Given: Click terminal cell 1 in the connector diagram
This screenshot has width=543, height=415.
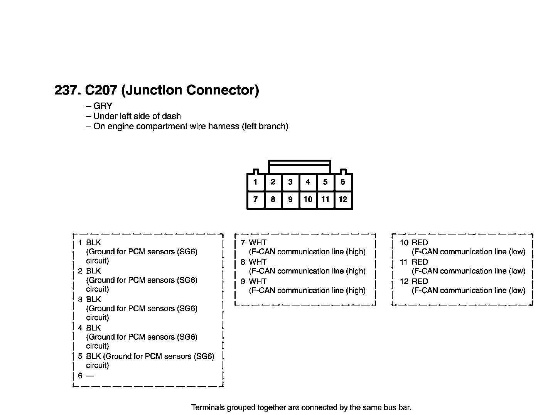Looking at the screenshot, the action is point(256,182).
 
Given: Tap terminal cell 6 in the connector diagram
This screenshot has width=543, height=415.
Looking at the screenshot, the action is point(343,182).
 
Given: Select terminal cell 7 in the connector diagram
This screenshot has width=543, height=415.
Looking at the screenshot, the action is point(256,199).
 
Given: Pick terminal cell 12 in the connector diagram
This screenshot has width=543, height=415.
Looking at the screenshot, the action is point(343,199).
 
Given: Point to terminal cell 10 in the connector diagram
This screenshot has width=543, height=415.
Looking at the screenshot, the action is point(308,199).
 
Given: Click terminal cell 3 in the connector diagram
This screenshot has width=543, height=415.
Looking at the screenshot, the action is point(290,182).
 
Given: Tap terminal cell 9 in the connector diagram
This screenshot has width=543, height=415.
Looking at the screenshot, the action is point(290,199).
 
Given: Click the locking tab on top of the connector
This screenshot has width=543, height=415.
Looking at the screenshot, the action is point(300,167).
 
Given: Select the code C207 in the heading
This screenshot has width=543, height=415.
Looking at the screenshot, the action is point(101,90).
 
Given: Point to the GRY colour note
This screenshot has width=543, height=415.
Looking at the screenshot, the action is point(103,106).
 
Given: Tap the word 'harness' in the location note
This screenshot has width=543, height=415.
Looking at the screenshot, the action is point(224,127).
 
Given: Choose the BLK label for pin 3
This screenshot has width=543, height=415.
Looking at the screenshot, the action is point(93,300).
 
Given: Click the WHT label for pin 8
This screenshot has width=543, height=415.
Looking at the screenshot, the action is point(258,262).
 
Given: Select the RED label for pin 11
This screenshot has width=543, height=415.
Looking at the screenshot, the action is point(420,262).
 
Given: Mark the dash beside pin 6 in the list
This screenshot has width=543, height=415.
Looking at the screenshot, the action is point(90,376).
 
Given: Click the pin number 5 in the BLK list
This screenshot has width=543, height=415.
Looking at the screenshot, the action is point(80,356).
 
